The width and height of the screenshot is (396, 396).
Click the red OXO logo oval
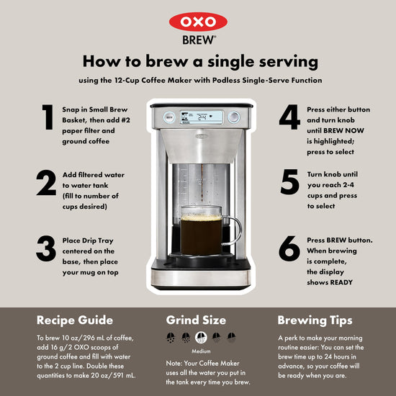(198, 22)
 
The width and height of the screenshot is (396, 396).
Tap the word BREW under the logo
(199, 40)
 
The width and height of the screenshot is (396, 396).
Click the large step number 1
(48, 117)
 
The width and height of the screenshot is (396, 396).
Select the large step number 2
(46, 183)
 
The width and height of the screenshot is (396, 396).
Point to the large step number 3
(46, 248)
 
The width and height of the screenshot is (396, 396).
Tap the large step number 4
(289, 117)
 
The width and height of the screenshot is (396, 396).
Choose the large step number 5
(289, 182)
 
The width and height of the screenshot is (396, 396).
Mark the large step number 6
(289, 248)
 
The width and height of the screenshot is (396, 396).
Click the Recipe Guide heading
(75, 320)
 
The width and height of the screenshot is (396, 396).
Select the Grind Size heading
(196, 320)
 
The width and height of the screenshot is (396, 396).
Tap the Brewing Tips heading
(315, 320)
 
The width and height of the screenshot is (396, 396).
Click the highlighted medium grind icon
(201, 338)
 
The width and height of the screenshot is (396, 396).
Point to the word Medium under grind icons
(201, 351)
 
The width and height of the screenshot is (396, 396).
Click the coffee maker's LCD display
(202, 117)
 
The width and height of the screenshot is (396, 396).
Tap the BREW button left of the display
(169, 117)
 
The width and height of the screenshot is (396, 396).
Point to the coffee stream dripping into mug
(202, 183)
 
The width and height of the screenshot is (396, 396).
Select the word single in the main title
(231, 62)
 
